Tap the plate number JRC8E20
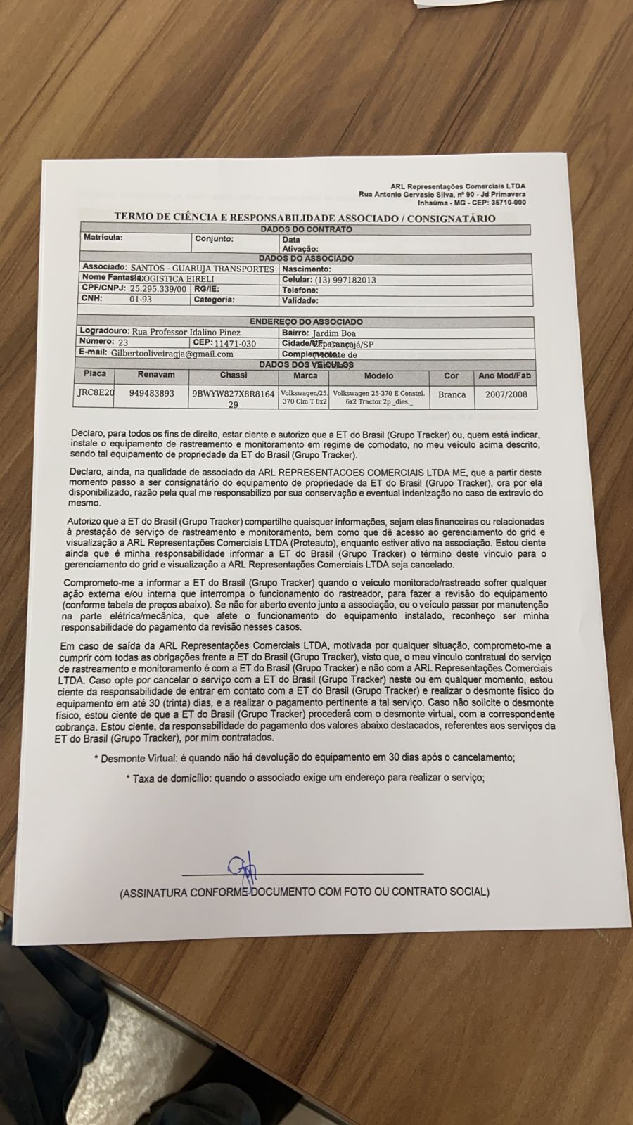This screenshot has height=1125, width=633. pos(96,394)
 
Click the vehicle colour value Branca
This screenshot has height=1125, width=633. pos(452,394)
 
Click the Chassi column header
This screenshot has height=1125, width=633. pos(233,375)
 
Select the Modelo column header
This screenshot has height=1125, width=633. pos(378,376)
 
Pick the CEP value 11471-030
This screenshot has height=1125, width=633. pos(235,343)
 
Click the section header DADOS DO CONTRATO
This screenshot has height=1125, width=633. pos(306,229)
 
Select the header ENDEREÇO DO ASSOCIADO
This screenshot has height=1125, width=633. pos(306,321)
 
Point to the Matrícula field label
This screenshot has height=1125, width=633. pos(103,238)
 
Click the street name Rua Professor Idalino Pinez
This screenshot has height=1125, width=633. pos(185,332)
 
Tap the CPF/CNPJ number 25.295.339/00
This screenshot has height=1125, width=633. pos(158,289)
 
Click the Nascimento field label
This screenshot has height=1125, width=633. pos(306,269)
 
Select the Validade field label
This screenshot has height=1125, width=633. pos(300,300)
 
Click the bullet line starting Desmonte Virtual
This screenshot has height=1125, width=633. pos(305,758)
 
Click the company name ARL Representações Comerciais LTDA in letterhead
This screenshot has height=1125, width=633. pos(458,185)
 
